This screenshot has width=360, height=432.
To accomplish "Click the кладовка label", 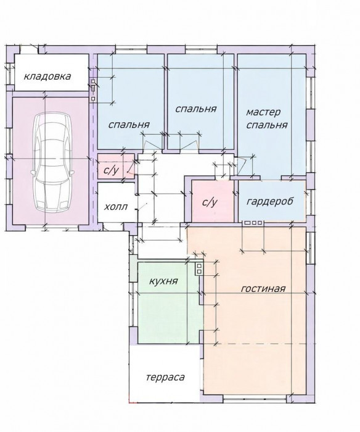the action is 47,77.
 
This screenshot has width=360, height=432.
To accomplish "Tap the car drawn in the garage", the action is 52,162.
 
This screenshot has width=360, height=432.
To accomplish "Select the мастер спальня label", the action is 266,118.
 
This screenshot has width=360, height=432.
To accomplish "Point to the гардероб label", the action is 270,202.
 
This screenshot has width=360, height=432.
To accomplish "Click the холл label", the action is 116,206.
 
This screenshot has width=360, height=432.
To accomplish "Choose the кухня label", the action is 163,281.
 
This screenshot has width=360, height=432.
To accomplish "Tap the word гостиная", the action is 263,289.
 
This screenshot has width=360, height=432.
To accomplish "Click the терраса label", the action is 165,377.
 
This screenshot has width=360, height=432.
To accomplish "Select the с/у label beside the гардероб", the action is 210,202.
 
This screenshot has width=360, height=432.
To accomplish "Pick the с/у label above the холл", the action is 111,170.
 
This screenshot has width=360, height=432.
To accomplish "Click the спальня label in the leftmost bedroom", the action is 129,125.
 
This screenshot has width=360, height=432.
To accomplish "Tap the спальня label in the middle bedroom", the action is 196,109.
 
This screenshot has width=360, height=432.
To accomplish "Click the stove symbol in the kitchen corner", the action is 198,268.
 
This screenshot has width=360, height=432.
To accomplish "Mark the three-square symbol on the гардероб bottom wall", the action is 253,223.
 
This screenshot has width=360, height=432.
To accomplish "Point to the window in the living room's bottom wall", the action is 255,398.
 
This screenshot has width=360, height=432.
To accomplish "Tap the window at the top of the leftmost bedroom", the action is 131,51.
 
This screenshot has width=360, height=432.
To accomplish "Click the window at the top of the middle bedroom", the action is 202,51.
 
